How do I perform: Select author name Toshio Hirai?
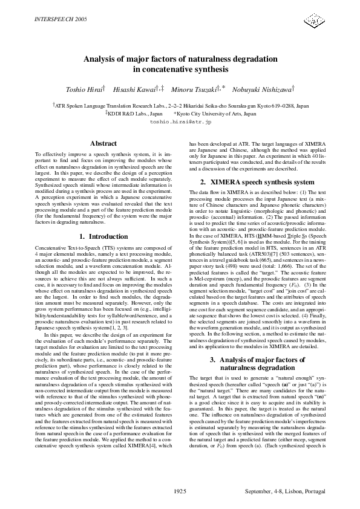[85, 89]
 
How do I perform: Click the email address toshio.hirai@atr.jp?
[180, 122]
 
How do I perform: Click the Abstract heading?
[103, 143]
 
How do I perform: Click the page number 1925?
[180, 490]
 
